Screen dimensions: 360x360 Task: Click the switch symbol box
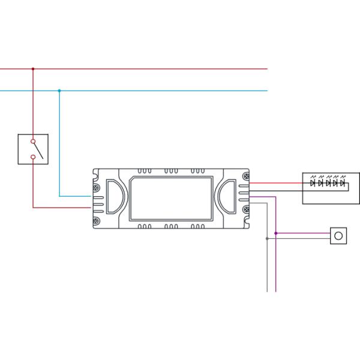(33, 149)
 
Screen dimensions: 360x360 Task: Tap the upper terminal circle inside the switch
(33, 142)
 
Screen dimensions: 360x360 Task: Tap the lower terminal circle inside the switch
(33, 158)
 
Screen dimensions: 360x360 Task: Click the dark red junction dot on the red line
(33, 69)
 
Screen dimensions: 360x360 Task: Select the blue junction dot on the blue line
(59, 91)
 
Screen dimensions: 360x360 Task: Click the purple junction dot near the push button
(276, 233)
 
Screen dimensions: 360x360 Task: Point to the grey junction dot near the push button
(267, 239)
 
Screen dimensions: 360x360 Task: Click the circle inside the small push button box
(338, 236)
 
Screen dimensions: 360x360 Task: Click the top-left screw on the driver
(97, 176)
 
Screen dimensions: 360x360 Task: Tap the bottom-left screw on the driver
(97, 221)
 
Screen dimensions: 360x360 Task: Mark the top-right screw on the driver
(245, 176)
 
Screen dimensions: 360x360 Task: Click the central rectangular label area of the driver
(171, 198)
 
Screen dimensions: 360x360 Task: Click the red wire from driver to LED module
(276, 182)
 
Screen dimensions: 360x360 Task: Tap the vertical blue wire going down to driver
(59, 144)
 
